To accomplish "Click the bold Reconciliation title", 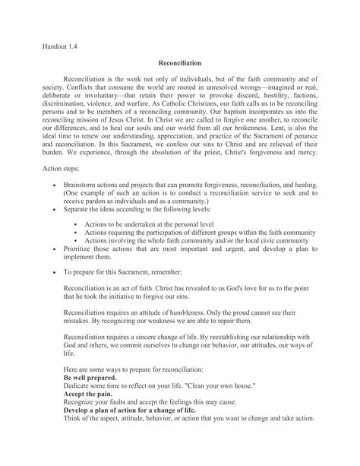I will [x=180, y=65].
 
